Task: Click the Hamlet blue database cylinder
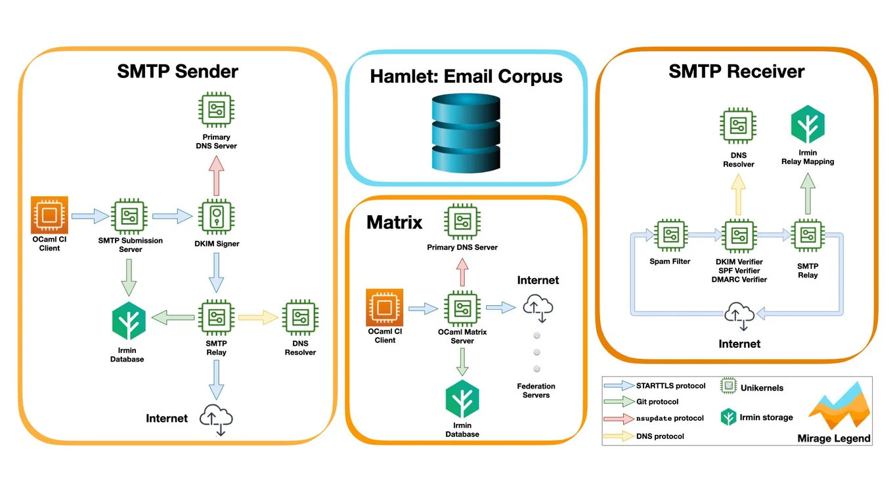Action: (x=466, y=134)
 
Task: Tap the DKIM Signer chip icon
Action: (x=216, y=216)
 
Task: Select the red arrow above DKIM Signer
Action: (x=216, y=175)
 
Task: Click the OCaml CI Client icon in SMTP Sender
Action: (x=49, y=215)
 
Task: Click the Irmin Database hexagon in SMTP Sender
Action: (x=129, y=321)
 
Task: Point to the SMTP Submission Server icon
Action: (x=129, y=215)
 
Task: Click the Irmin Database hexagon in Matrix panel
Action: (x=462, y=399)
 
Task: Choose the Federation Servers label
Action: (x=536, y=390)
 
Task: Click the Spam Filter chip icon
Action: (x=670, y=236)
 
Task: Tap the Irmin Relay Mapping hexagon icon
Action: (x=808, y=125)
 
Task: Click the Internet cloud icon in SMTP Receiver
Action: (x=739, y=316)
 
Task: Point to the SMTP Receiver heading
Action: (x=736, y=71)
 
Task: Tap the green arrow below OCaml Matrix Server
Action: (x=462, y=361)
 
